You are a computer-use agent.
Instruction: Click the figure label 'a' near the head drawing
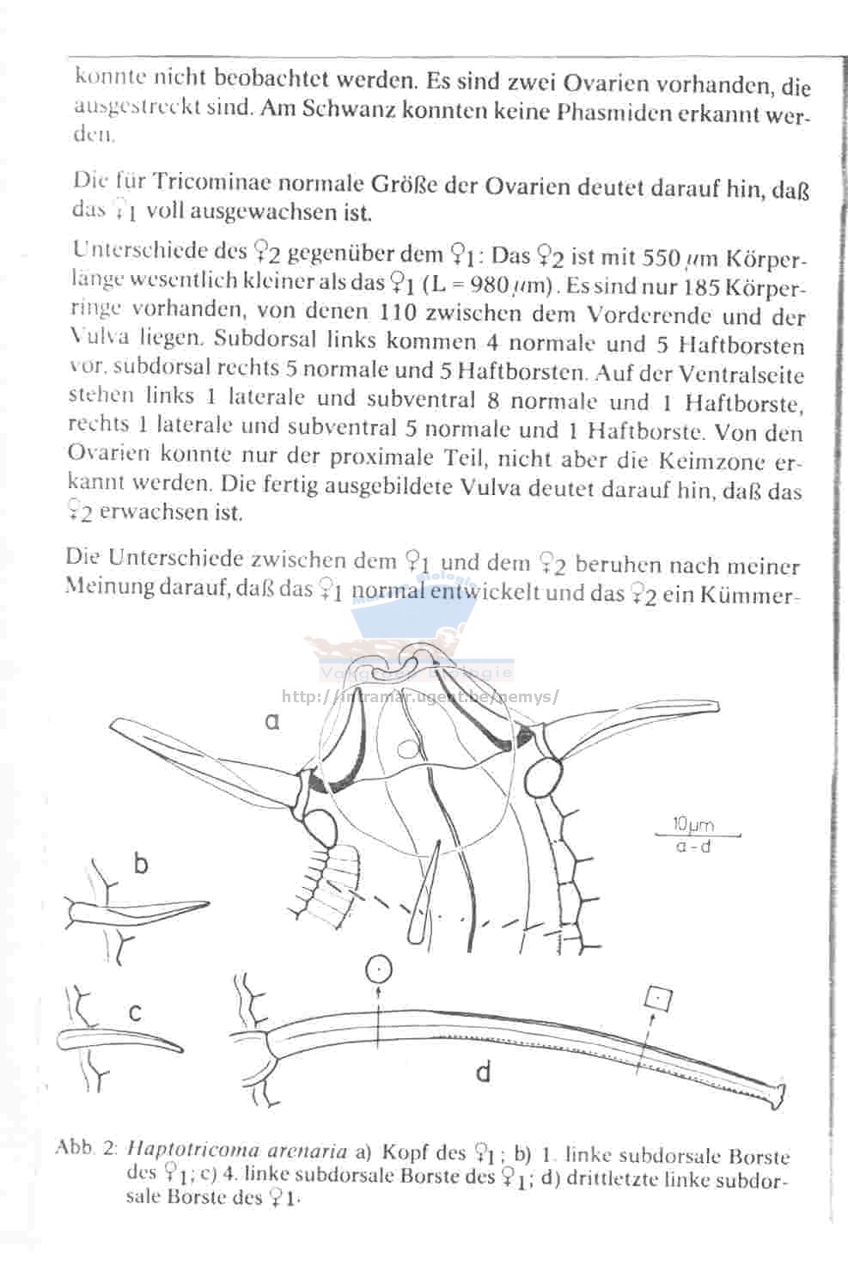tap(272, 722)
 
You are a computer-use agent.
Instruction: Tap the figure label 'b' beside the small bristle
tap(140, 862)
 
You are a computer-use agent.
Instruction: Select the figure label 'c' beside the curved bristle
tap(135, 1012)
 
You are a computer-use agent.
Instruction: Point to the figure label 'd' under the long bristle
tap(484, 1071)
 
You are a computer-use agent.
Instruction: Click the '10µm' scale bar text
tap(693, 825)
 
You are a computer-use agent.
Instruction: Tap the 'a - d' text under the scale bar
tap(693, 846)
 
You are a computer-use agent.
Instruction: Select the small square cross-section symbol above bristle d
tap(658, 999)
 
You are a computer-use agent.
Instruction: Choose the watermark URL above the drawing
tap(420, 696)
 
